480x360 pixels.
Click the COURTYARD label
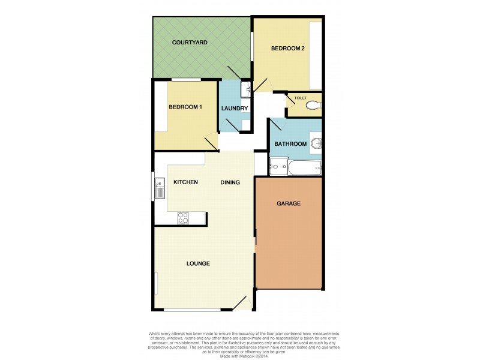coord(190,43)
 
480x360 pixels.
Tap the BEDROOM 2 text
coord(289,49)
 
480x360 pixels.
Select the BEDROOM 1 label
coord(185,107)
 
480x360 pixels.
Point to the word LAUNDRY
coord(235,109)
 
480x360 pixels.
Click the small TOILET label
coord(299,97)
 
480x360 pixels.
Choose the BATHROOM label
coord(290,145)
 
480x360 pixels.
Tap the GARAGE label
coord(289,203)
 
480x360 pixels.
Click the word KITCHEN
coord(186,182)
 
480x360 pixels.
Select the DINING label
coord(230,182)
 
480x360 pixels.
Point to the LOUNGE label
coord(198,263)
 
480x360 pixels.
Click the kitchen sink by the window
coord(160,188)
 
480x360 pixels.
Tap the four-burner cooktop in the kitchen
coord(184,218)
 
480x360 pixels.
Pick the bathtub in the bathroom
coord(305,167)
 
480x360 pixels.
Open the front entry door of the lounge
coord(242,304)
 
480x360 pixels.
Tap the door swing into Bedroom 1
coord(211,142)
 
